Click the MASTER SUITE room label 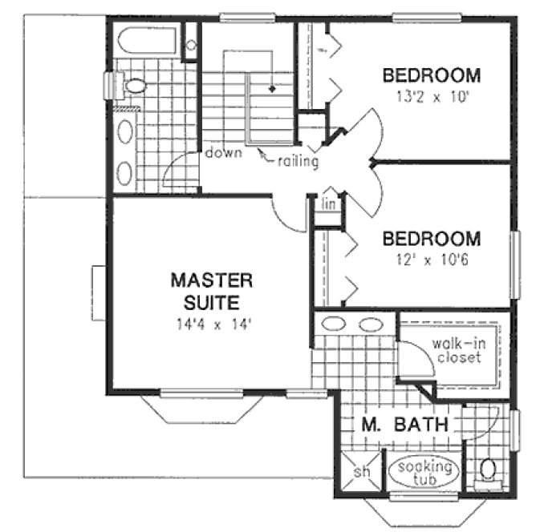[211, 292]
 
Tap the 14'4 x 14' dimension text [212, 325]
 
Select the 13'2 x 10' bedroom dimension [432, 101]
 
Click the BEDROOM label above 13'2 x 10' [432, 77]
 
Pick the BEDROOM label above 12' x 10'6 [432, 240]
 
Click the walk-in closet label [457, 351]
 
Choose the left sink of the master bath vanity [331, 324]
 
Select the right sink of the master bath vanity [371, 324]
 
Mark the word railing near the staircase [298, 162]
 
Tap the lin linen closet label [328, 205]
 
